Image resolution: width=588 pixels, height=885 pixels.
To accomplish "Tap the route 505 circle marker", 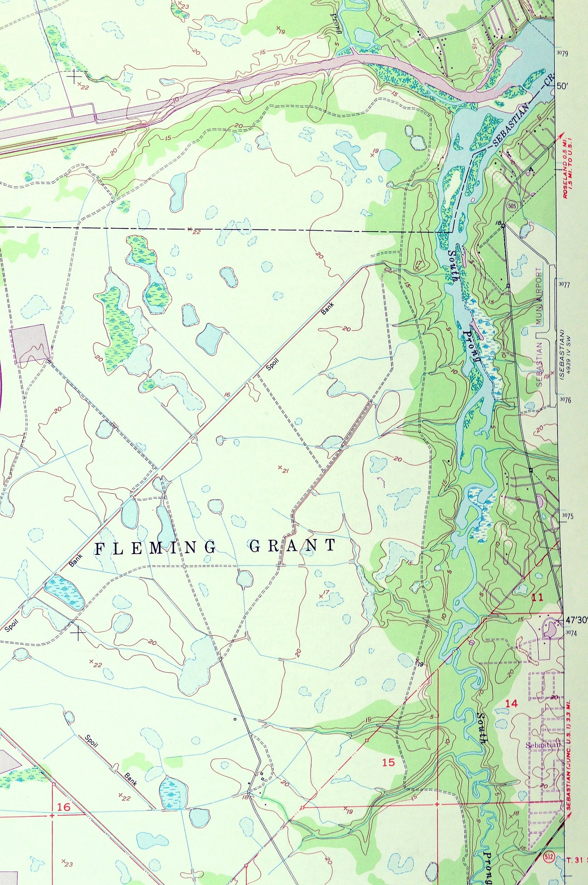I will (510, 206).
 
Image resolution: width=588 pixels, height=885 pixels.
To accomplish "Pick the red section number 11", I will (537, 598).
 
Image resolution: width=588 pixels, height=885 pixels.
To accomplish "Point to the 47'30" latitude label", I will (576, 621).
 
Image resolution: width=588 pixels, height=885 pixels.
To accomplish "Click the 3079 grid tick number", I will (563, 53).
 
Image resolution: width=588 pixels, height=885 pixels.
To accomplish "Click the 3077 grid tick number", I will (564, 285).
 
